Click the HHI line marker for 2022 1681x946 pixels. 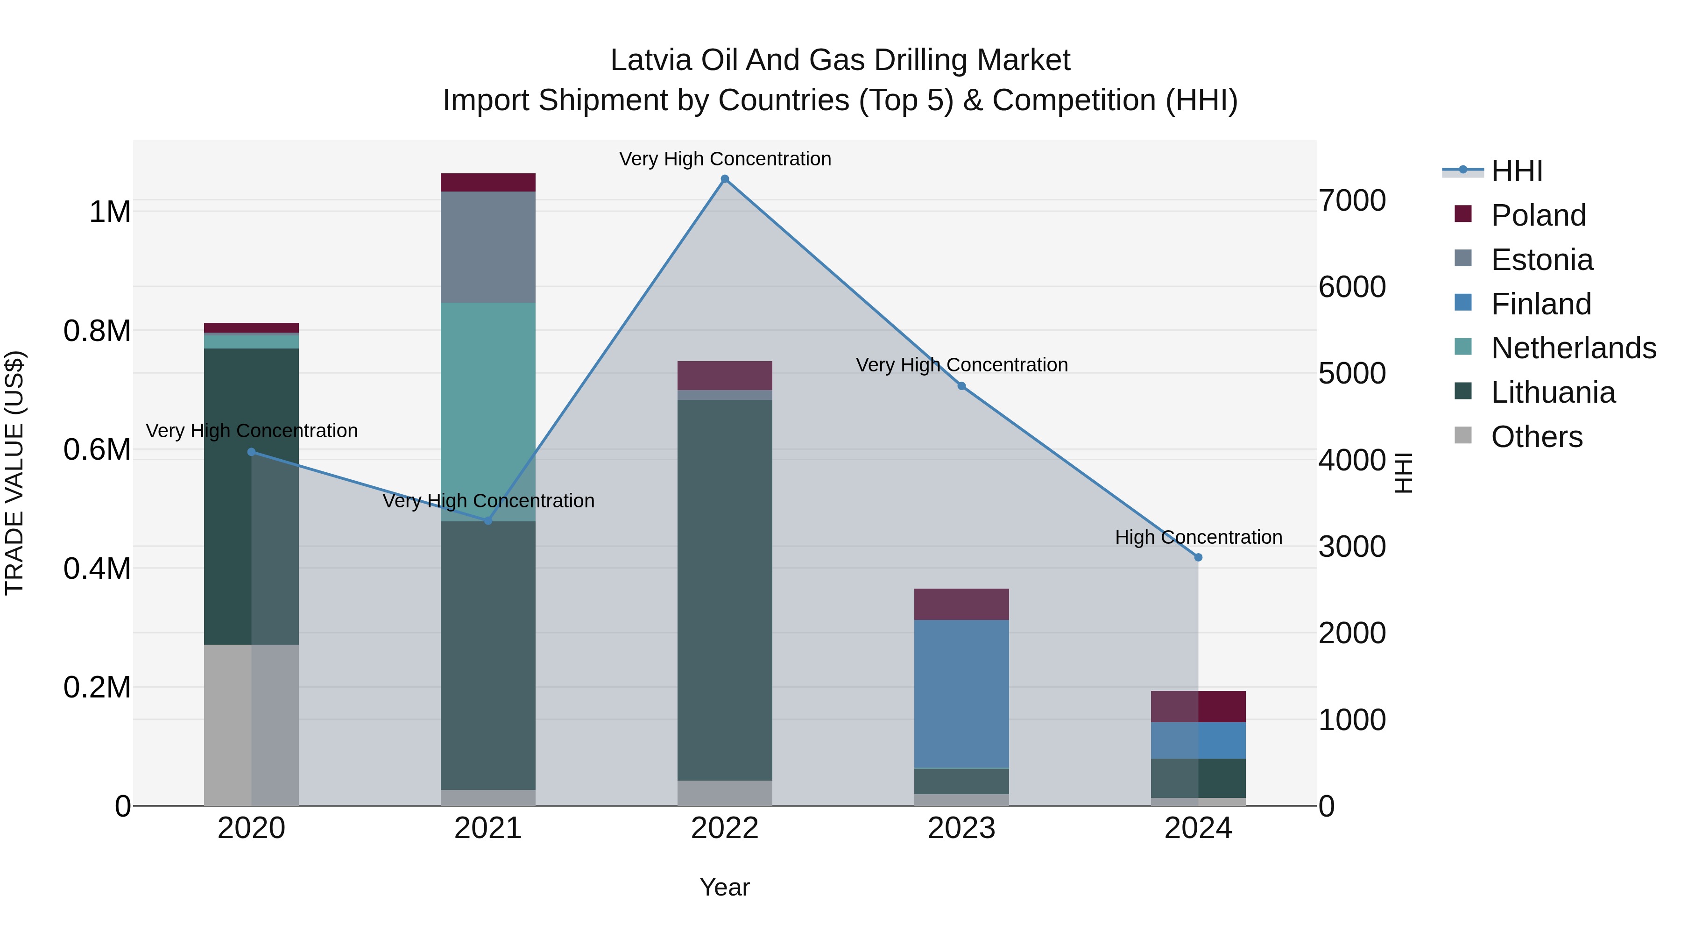[724, 179]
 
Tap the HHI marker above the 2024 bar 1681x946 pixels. [1198, 557]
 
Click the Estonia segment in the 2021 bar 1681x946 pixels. [487, 247]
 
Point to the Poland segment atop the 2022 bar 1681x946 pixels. [724, 376]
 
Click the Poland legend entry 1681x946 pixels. [1538, 215]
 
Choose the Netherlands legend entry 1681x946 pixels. [1573, 348]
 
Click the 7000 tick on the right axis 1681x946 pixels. [1352, 200]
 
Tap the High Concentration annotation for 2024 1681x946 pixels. [1198, 537]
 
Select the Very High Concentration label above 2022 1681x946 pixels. [724, 159]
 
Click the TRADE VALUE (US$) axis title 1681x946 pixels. [14, 473]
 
